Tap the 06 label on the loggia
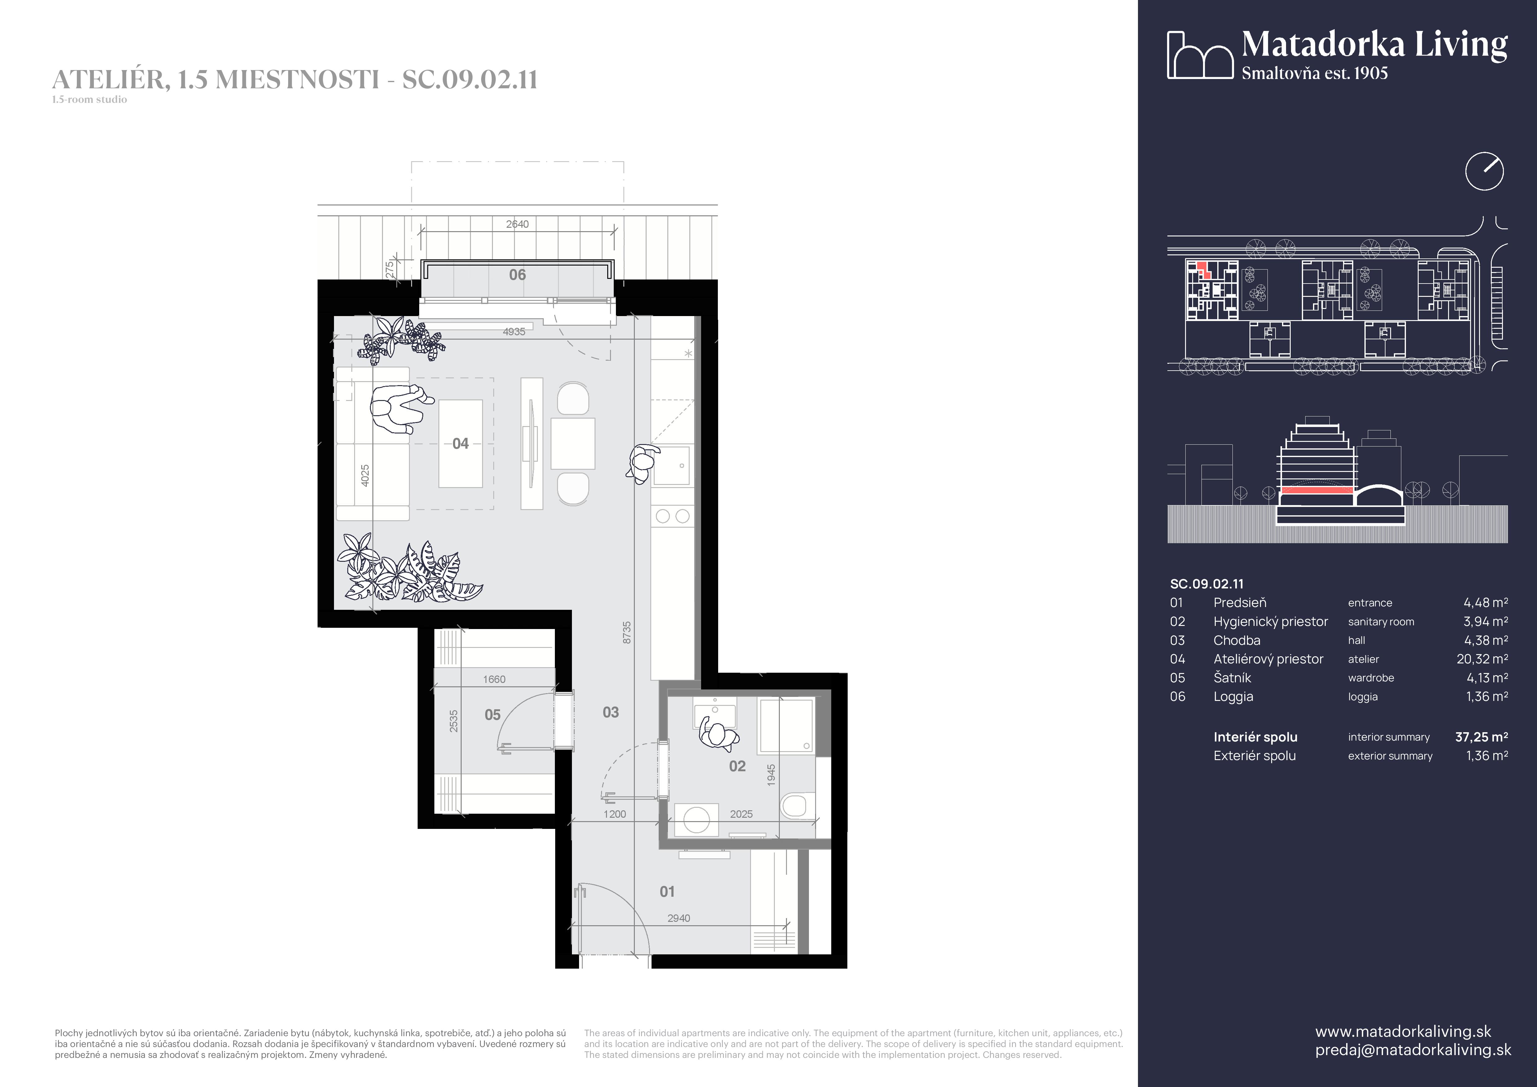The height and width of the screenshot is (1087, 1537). pyautogui.click(x=517, y=275)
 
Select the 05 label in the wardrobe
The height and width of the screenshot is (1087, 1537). pyautogui.click(x=493, y=715)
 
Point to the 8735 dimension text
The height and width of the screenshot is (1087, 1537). pyautogui.click(x=626, y=632)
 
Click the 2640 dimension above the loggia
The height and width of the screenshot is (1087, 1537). pyautogui.click(x=517, y=224)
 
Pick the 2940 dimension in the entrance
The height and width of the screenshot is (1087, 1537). pyautogui.click(x=679, y=918)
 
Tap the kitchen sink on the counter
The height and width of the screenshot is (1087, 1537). pyautogui.click(x=672, y=464)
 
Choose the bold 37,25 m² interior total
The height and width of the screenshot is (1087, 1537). pyautogui.click(x=1482, y=737)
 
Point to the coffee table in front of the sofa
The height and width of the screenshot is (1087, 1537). pyautogui.click(x=461, y=444)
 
